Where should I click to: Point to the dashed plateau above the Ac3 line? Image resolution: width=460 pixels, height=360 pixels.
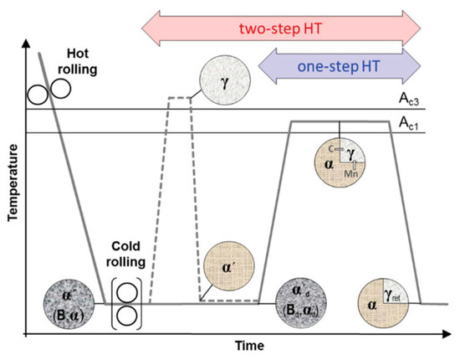180,98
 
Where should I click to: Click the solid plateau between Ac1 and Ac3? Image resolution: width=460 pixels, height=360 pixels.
339,122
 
